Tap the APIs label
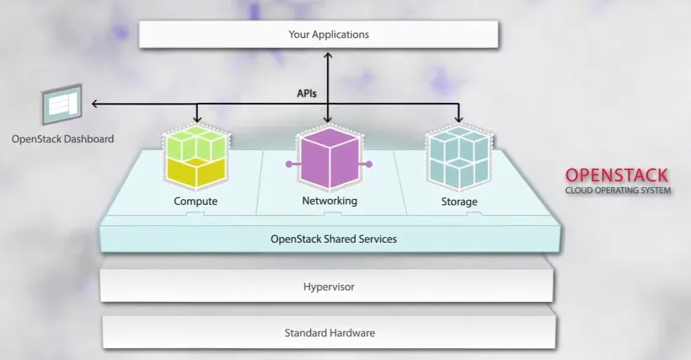pos(307,93)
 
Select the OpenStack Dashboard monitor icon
pos(62,105)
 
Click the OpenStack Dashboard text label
pos(62,139)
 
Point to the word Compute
pos(196,201)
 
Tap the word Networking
pos(329,201)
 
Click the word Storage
pos(459,202)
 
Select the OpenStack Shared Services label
pos(333,239)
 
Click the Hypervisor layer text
pos(329,287)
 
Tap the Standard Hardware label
pos(329,333)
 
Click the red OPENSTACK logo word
pos(618,175)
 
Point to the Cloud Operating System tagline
pos(618,191)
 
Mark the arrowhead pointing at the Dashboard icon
pos(94,104)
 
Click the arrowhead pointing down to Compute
pos(196,119)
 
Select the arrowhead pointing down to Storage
pos(459,119)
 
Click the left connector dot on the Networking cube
pos(288,164)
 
